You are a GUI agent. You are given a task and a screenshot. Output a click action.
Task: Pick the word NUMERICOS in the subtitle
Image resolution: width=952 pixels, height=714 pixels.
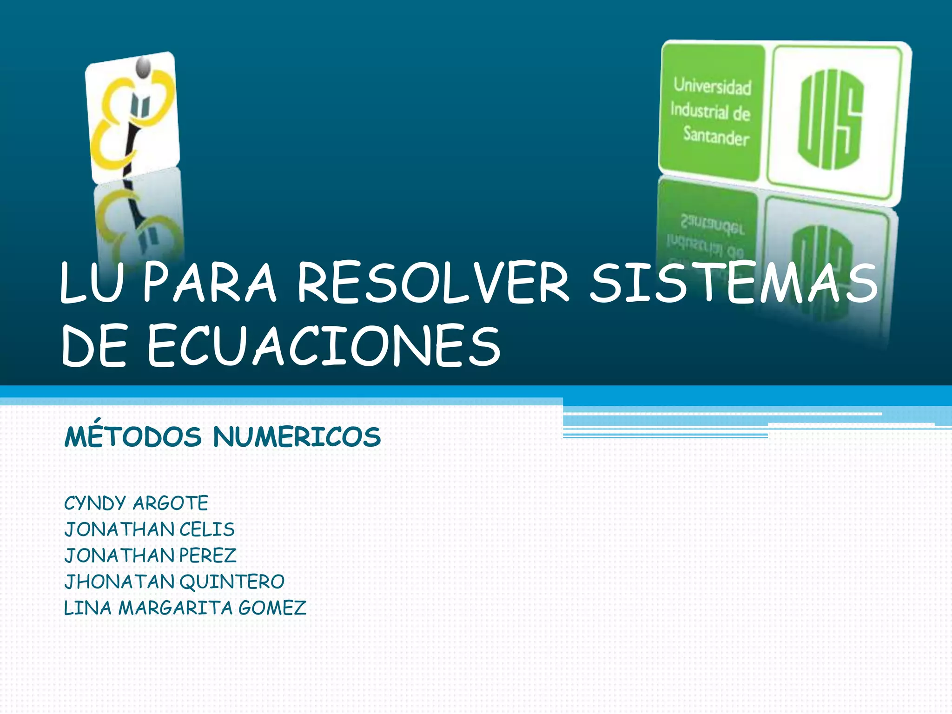click(x=297, y=437)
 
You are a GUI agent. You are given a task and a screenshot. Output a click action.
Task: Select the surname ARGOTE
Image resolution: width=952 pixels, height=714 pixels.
click(x=171, y=503)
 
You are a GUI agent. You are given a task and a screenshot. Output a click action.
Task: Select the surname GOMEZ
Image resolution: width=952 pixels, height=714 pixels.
click(x=272, y=608)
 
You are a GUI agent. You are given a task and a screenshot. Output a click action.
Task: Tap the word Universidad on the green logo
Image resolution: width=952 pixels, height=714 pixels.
click(x=712, y=86)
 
